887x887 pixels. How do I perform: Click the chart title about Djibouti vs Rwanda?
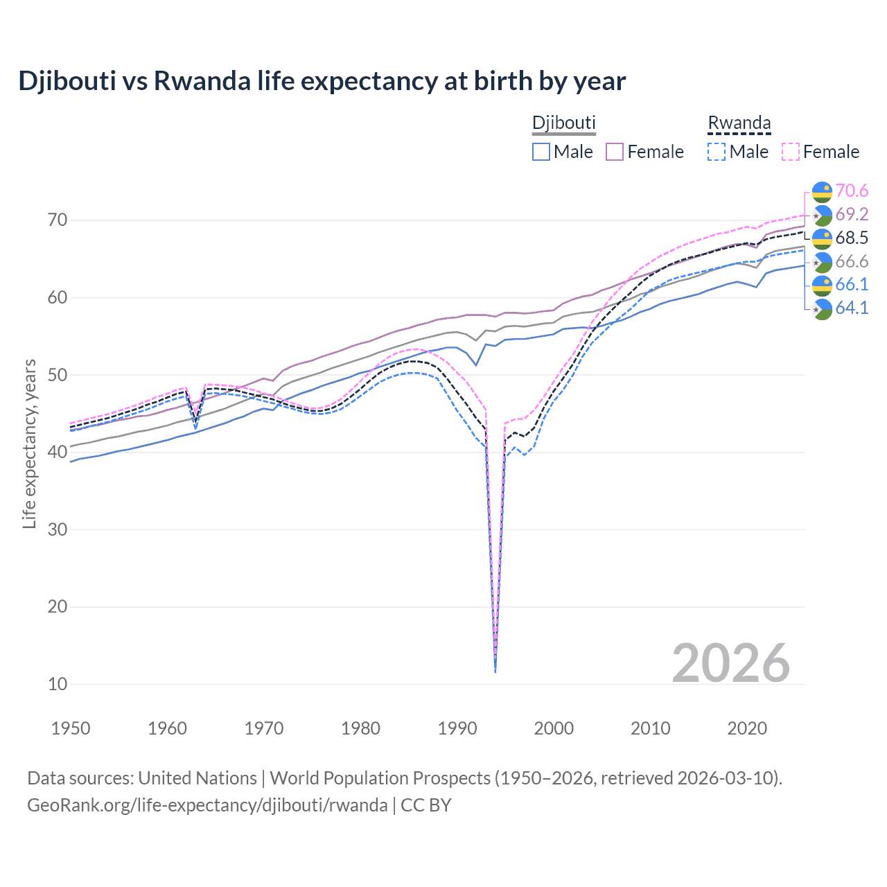tap(322, 81)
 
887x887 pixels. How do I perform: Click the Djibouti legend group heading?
tap(563, 123)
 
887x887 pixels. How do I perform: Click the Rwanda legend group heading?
tap(739, 123)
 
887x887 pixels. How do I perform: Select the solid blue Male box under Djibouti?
tap(541, 152)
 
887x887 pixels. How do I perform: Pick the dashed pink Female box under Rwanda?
tap(791, 152)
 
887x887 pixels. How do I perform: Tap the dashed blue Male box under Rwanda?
tap(717, 152)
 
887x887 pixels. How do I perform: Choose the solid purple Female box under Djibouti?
tap(615, 152)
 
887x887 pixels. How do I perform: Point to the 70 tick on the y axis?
tap(58, 220)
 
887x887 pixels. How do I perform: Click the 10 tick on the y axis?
tap(58, 684)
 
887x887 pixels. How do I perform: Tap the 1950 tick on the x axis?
tap(71, 728)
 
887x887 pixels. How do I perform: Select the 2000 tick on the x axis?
tap(554, 728)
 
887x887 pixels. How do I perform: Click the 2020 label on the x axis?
tap(747, 728)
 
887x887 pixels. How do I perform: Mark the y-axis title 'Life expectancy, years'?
tap(29, 443)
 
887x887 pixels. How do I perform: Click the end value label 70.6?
tap(852, 191)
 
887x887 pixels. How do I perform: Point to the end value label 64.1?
tap(852, 308)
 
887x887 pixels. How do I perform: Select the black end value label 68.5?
tap(852, 238)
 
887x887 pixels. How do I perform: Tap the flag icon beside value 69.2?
tap(822, 215)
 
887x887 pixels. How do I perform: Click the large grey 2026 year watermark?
tap(730, 663)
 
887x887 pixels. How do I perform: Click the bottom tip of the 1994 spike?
tap(495, 671)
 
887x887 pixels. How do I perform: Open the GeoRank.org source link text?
tap(207, 805)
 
